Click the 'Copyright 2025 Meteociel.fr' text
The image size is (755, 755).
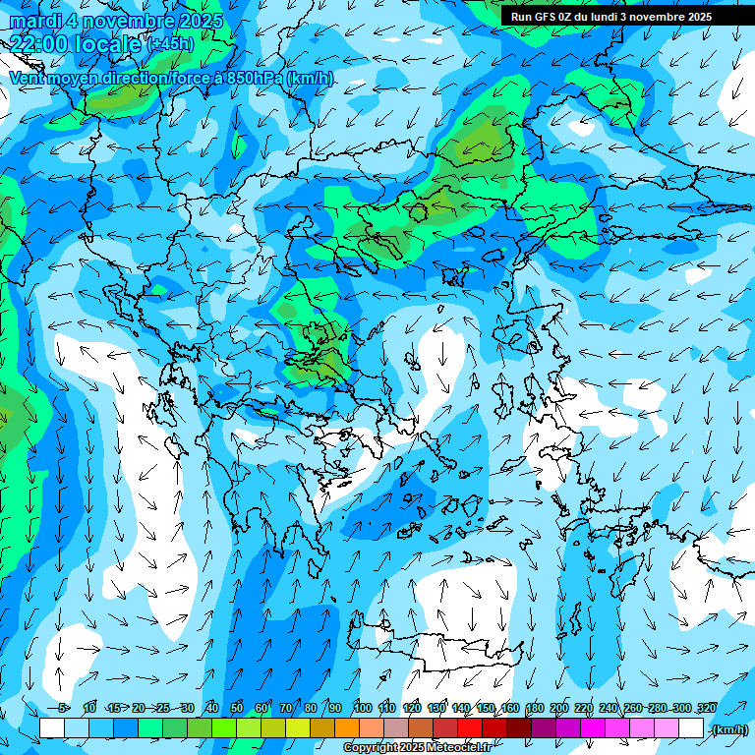[417, 748]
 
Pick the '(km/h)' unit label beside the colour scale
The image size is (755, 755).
[728, 729]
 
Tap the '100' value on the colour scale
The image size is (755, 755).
[362, 708]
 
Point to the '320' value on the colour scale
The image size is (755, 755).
[706, 708]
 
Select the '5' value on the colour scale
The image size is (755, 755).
[63, 708]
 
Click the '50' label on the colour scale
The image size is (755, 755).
[237, 708]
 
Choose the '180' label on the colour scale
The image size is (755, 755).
[534, 708]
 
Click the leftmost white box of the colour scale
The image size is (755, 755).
[52, 728]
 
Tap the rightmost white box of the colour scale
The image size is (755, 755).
[691, 728]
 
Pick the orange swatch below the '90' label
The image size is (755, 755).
[347, 728]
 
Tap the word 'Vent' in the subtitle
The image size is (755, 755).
[27, 78]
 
